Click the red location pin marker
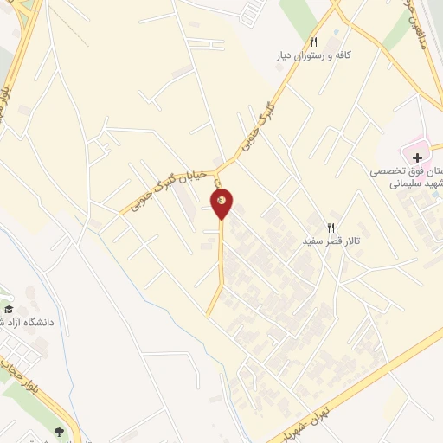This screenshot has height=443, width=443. click(222, 202)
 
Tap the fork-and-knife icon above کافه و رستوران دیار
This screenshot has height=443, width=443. click(313, 42)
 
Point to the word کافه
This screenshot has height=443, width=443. click(343, 55)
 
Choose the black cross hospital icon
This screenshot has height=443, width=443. click(419, 157)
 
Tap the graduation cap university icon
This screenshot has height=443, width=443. click(10, 309)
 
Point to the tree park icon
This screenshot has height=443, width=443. click(59, 431)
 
